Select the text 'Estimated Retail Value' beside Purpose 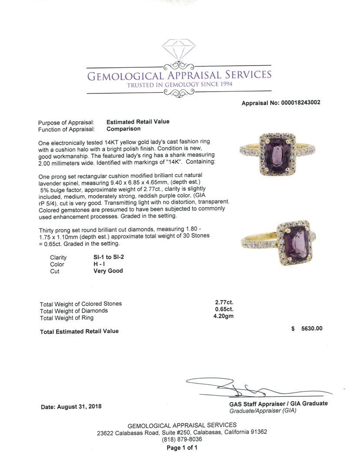[x=138, y=122]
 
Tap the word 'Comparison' [x=123, y=129]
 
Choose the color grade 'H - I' [x=100, y=264]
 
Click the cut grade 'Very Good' [x=108, y=271]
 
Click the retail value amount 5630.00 [x=312, y=329]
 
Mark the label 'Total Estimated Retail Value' [x=79, y=332]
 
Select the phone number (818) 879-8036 [x=182, y=439]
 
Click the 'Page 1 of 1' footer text [x=182, y=448]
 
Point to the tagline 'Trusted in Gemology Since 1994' [x=179, y=84]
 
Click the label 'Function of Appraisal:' [x=66, y=129]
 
